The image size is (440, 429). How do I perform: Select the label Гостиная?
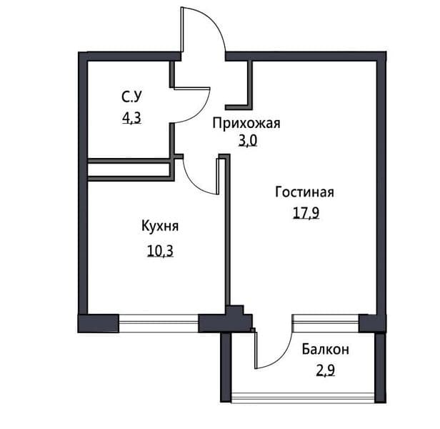pyautogui.click(x=304, y=192)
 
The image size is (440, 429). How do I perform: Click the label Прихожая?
pyautogui.click(x=246, y=123)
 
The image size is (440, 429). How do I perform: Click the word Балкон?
pyautogui.click(x=325, y=350)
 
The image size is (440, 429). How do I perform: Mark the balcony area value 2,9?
pyautogui.click(x=325, y=372)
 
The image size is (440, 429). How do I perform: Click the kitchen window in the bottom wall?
pyautogui.click(x=159, y=323)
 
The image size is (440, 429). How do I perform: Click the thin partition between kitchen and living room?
pyautogui.click(x=226, y=236)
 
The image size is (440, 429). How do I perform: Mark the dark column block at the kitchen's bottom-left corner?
pyautogui.click(x=98, y=323)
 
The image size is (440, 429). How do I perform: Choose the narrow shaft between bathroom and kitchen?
pyautogui.click(x=129, y=169)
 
